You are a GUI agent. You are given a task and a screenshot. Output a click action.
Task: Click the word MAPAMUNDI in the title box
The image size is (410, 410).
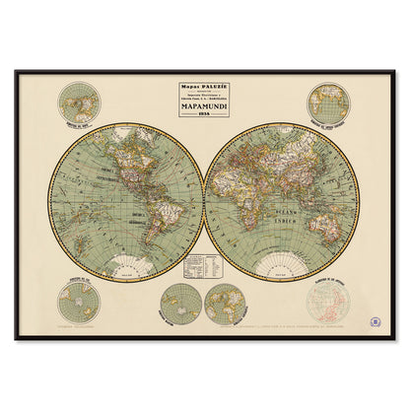204,99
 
